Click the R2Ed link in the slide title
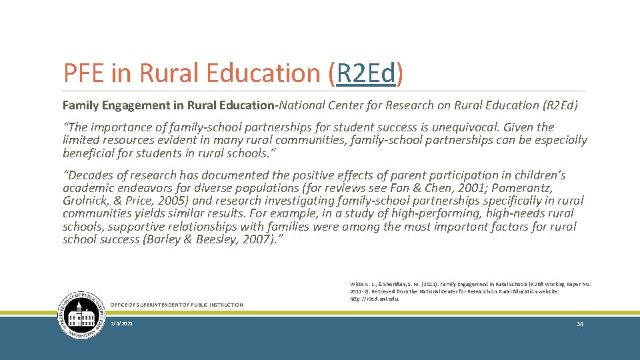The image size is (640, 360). (x=366, y=73)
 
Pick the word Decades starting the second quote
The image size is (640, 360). (x=91, y=175)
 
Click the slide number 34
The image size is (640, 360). (x=579, y=324)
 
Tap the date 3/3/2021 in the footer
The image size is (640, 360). (x=122, y=324)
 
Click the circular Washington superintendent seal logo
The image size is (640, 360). (x=83, y=315)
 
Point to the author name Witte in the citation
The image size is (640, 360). (x=359, y=285)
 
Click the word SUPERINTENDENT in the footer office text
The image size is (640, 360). (x=164, y=305)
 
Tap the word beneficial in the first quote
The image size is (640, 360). (x=89, y=153)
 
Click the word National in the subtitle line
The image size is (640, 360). (x=304, y=105)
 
